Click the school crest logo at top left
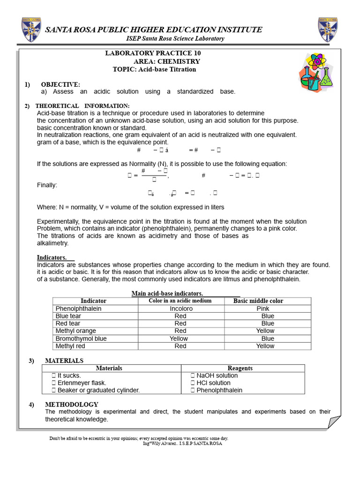coord(30,30)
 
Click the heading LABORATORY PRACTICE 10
coord(153,53)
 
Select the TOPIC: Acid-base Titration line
coord(154,69)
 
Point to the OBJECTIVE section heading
coord(60,84)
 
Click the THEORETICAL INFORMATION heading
coord(82,106)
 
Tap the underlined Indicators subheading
coord(52,257)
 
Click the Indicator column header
coord(94,301)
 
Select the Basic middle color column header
coord(258,301)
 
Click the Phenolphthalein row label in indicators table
coord(78,309)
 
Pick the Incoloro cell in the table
coord(181,309)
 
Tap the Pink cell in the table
coord(263,309)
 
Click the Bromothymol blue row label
coord(81,338)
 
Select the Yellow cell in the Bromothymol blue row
coord(179,338)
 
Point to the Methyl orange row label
coord(76,331)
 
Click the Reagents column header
coord(240,368)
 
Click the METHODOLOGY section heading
coord(72,404)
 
